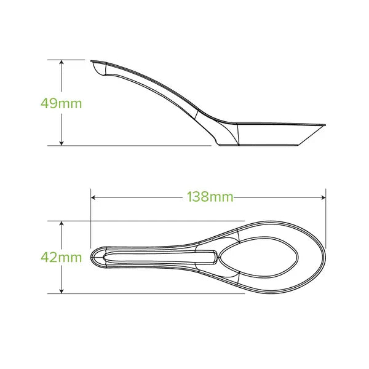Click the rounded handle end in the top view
[93, 257]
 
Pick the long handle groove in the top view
[160, 257]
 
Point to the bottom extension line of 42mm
[154, 293]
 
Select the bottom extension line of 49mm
[135, 146]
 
